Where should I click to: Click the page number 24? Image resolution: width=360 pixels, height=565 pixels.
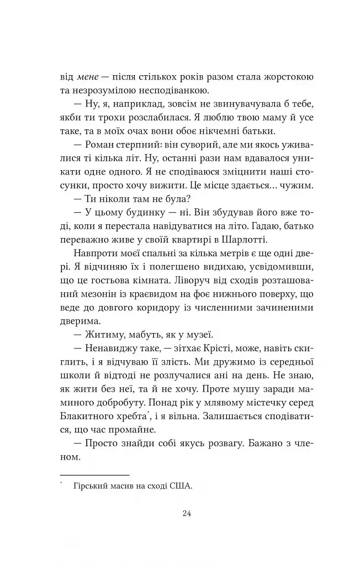(x=186, y=513)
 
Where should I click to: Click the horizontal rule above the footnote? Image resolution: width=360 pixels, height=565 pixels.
(x=94, y=474)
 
